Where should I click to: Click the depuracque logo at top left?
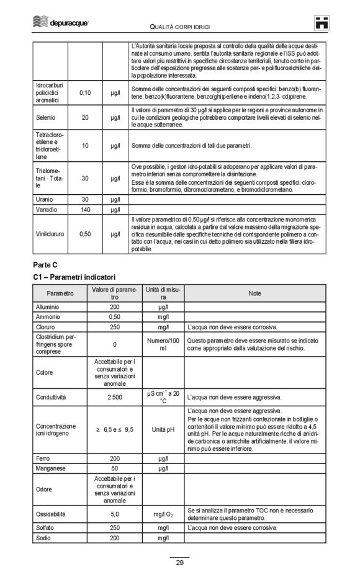[x=61, y=23]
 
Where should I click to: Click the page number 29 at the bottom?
[x=179, y=563]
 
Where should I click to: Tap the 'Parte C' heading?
[x=46, y=264]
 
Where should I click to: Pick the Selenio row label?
[x=45, y=117]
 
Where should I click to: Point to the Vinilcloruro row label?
[x=51, y=234]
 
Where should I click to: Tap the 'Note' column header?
[x=254, y=293]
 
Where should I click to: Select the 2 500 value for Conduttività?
[x=114, y=397]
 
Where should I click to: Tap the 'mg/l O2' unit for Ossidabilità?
[x=163, y=514]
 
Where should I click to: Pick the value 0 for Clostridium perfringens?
[x=114, y=344]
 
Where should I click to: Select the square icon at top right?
[x=322, y=23]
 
